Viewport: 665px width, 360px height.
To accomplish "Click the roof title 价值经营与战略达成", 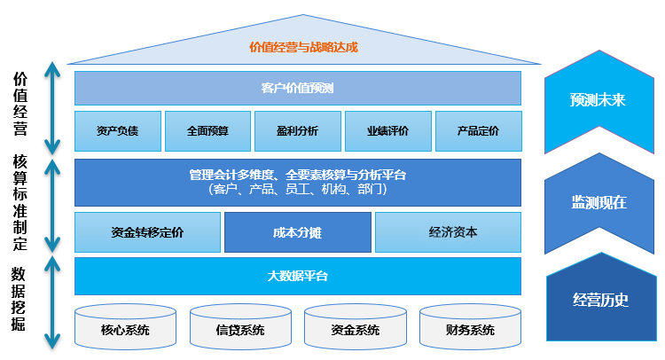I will click(x=304, y=47).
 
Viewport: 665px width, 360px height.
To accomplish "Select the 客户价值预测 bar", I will click(x=297, y=88).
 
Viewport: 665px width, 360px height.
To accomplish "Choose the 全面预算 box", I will click(x=207, y=131).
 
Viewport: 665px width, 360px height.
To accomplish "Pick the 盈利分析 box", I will click(x=297, y=131).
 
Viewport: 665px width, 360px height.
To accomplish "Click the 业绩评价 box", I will click(x=387, y=131).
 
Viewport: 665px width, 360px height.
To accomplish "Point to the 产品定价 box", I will click(x=478, y=131).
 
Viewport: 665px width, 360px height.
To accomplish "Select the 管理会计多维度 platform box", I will click(x=297, y=182).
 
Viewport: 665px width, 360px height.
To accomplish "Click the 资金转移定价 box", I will click(x=147, y=232).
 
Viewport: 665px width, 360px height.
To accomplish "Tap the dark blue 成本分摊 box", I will click(x=297, y=232).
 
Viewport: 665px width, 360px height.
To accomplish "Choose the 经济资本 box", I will click(x=447, y=232).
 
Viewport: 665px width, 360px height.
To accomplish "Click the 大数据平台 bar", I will click(x=297, y=276).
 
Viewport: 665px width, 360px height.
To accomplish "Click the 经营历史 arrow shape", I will click(x=600, y=300).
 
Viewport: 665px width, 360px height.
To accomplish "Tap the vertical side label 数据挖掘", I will click(x=19, y=299).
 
